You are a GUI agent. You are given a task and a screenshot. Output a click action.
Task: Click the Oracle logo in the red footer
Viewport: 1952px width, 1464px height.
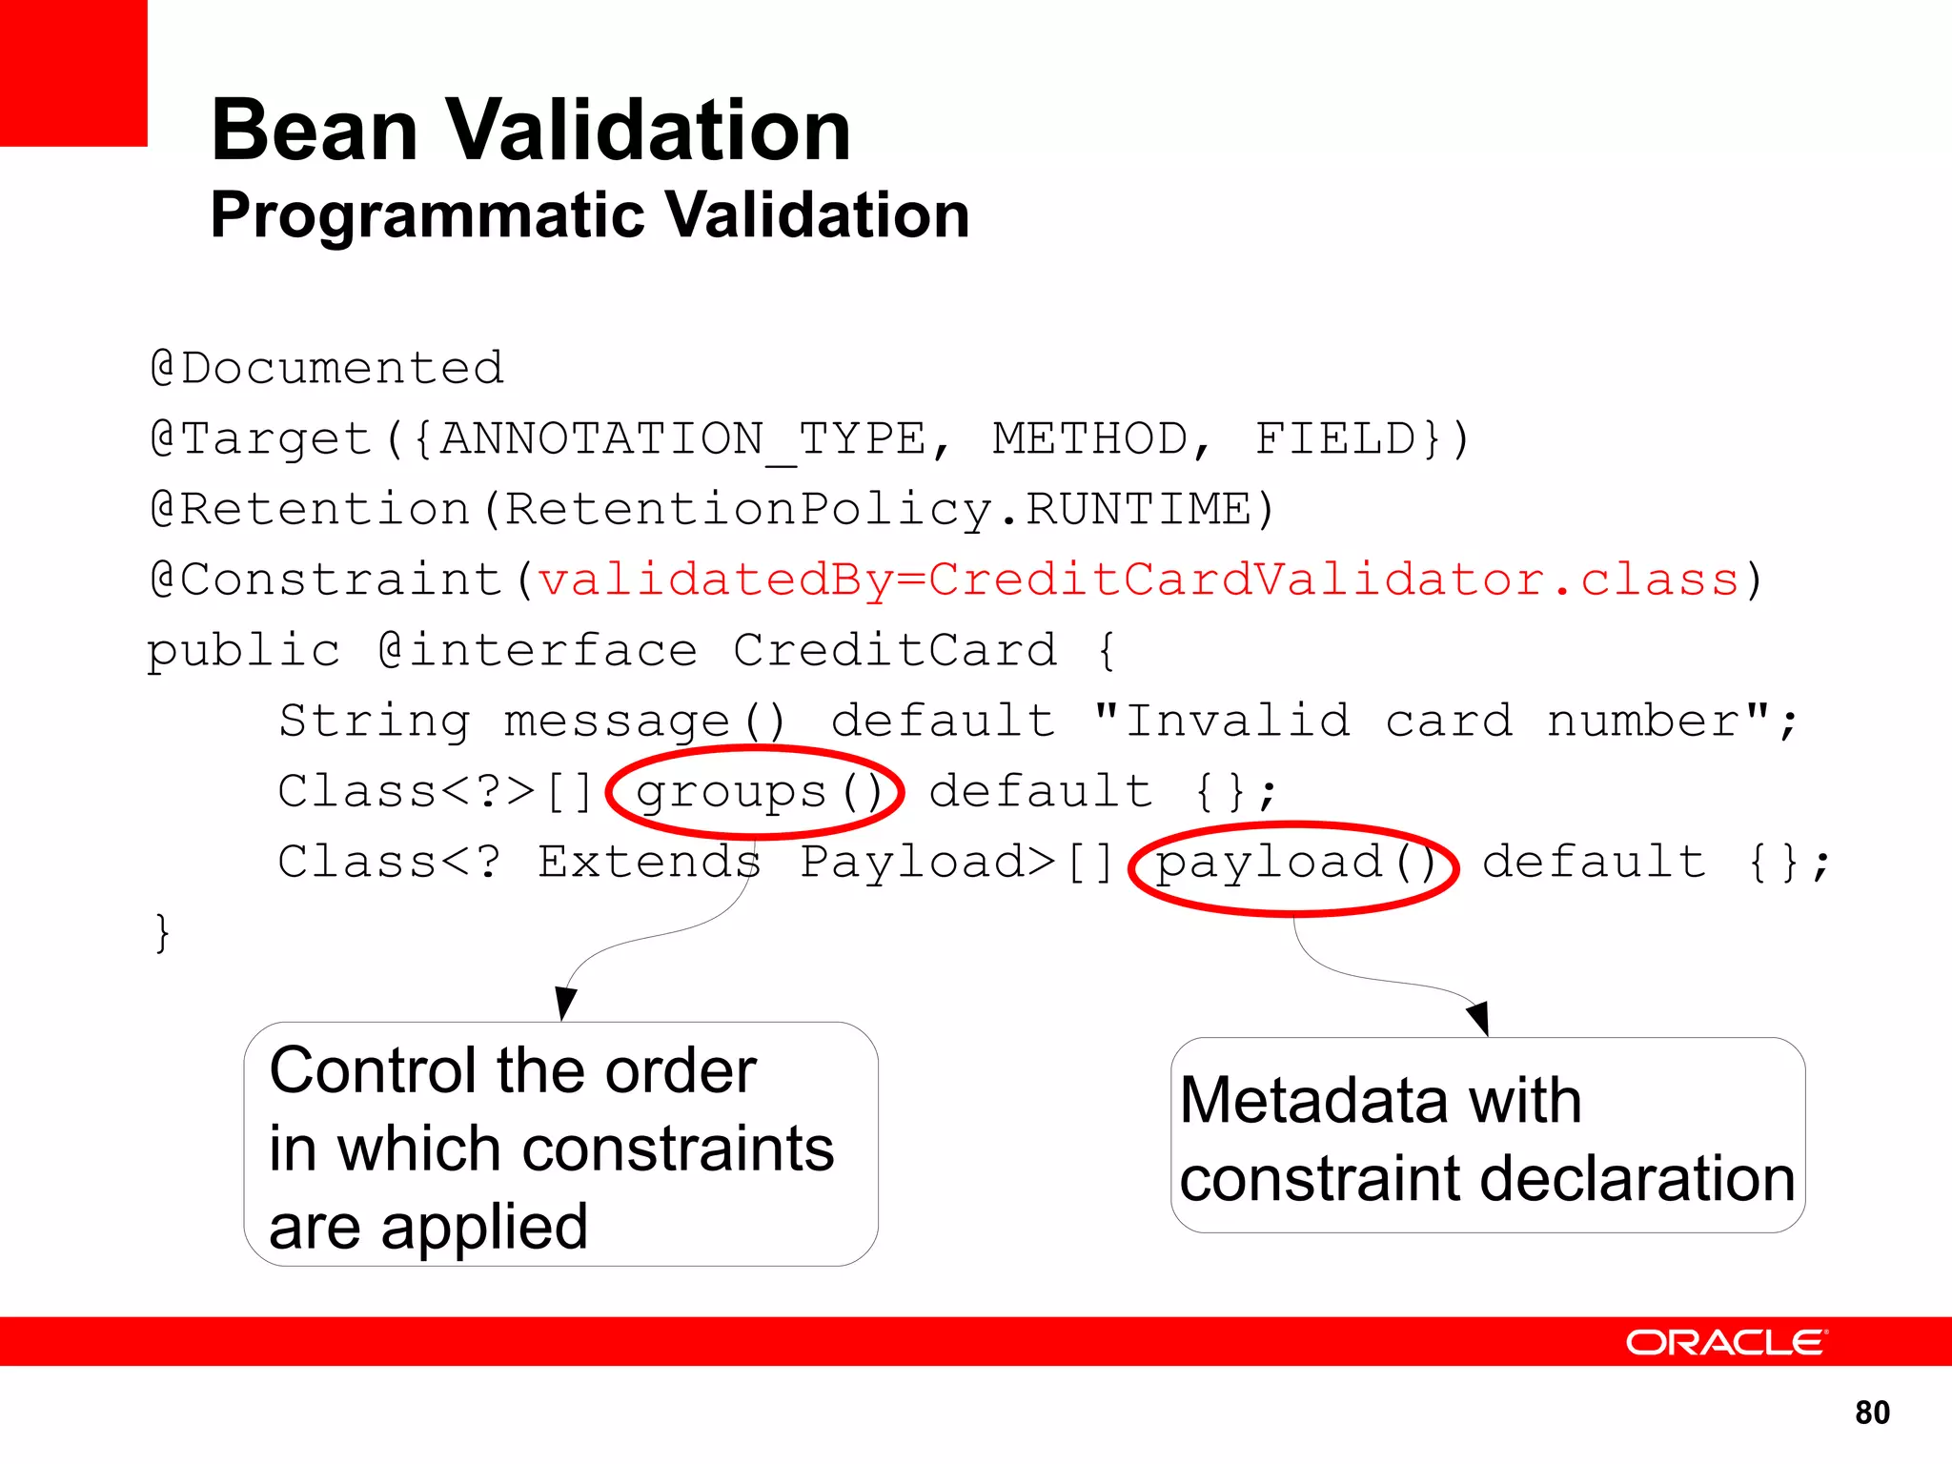coord(1725,1342)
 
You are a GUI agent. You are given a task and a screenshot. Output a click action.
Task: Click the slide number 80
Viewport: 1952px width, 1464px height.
coord(1872,1412)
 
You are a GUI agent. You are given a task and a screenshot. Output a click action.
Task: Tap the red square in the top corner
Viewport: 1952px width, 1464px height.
coord(72,72)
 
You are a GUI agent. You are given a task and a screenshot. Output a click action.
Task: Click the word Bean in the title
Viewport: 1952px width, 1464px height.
coord(315,131)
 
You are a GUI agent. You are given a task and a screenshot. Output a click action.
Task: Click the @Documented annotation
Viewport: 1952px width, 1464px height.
coord(327,368)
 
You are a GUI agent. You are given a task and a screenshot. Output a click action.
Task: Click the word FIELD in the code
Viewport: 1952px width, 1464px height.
coord(1335,439)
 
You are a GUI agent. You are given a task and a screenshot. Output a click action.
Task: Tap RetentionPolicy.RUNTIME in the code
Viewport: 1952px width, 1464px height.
coord(877,509)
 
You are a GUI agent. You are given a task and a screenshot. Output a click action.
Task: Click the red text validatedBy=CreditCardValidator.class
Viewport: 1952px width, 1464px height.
coord(1139,579)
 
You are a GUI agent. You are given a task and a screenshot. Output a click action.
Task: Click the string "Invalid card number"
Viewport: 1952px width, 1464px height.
coord(1430,721)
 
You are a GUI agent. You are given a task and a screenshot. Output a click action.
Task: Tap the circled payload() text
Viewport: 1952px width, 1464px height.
coord(1293,864)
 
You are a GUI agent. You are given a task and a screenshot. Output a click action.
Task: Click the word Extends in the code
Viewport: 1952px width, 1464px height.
coord(648,862)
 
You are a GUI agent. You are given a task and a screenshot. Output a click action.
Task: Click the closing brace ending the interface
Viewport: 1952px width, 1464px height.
coord(162,933)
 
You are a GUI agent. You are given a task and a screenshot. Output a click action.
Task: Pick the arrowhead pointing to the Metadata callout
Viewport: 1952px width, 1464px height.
coord(1478,1019)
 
